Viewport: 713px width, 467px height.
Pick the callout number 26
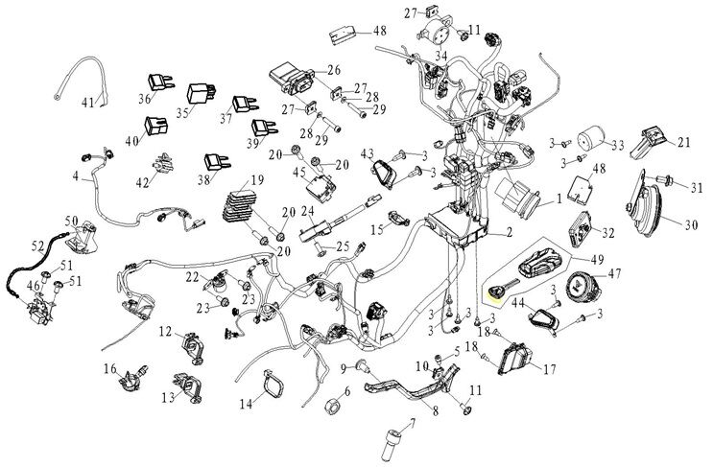[334, 70]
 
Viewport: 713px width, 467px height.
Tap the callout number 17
[550, 367]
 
